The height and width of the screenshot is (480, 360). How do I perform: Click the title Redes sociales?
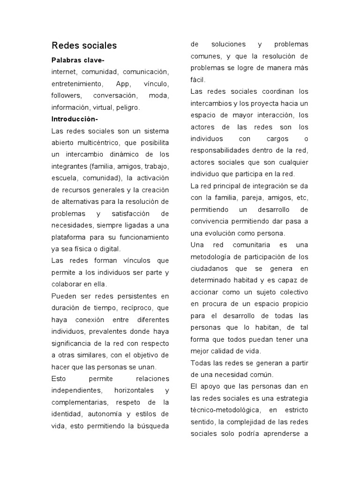pyautogui.click(x=84, y=45)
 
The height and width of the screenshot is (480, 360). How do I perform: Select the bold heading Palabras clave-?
pyautogui.click(x=78, y=60)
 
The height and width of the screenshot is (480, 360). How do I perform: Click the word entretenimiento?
pyautogui.click(x=77, y=84)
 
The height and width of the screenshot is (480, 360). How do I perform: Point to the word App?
pyautogui.click(x=123, y=84)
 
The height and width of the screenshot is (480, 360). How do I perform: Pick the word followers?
pyautogui.click(x=66, y=96)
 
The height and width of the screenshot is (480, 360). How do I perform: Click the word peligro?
pyautogui.click(x=128, y=107)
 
